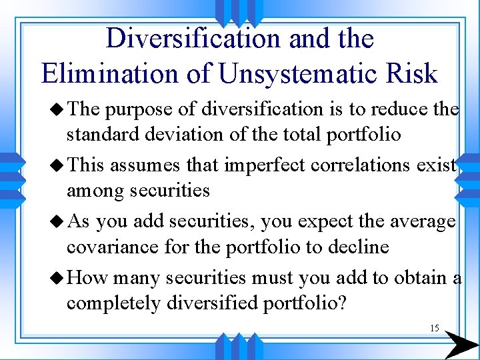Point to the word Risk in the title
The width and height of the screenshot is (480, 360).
pyautogui.click(x=412, y=73)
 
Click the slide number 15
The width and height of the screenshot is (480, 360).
pyautogui.click(x=434, y=328)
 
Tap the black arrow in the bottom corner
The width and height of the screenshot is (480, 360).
pyautogui.click(x=460, y=344)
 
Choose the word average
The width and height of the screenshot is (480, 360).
pyautogui.click(x=419, y=221)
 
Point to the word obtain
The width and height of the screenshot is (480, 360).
pyautogui.click(x=414, y=277)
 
